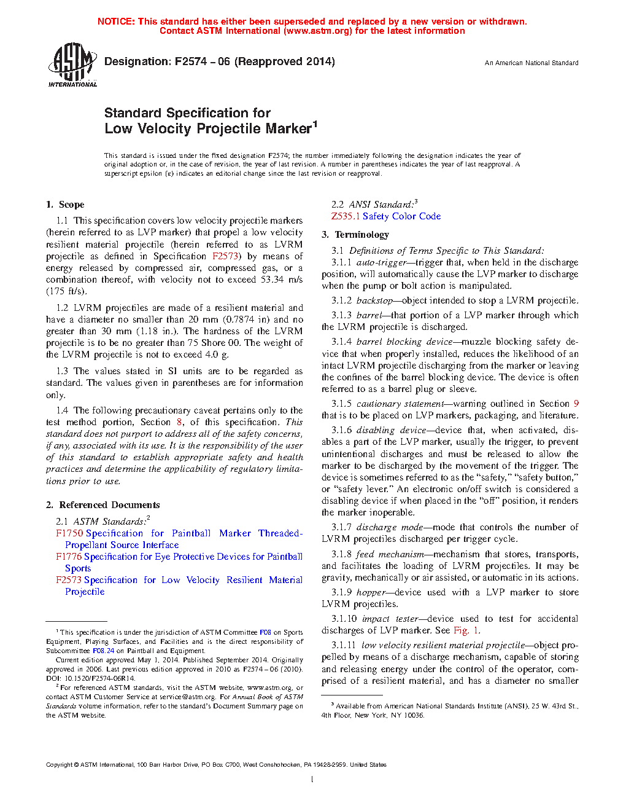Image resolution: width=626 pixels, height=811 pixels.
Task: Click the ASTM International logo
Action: (x=72, y=65)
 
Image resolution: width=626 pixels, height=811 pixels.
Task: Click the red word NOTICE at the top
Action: (x=116, y=22)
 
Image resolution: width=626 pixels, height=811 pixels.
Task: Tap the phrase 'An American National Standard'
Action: (x=531, y=63)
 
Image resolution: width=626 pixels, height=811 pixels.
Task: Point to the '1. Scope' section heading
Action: (x=65, y=205)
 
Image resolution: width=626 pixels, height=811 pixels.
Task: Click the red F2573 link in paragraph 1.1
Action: (x=225, y=256)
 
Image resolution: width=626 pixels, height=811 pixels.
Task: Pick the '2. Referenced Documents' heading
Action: (x=102, y=505)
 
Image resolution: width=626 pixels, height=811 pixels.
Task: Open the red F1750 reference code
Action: (x=69, y=533)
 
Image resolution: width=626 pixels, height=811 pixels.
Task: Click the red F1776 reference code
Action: (x=69, y=557)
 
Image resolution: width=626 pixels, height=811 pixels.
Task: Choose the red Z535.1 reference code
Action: (x=346, y=216)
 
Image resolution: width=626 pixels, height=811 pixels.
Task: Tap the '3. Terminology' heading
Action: (x=355, y=235)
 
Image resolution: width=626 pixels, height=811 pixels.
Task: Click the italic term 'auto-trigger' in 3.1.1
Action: (x=381, y=262)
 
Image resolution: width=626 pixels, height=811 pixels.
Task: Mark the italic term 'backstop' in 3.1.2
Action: (x=374, y=300)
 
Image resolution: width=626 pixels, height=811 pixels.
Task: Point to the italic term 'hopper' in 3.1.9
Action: (x=371, y=592)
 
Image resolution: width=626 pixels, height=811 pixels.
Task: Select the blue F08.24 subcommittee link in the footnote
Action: (x=103, y=651)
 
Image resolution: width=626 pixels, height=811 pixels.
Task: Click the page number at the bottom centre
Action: (x=312, y=780)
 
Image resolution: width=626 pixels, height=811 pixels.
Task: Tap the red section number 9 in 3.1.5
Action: (x=576, y=404)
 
